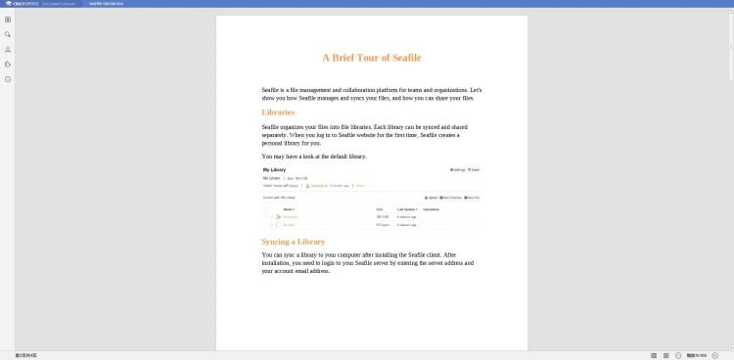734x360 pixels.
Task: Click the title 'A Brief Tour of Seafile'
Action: click(371, 58)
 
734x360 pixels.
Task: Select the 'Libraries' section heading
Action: click(278, 112)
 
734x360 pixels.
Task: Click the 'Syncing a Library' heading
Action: click(294, 242)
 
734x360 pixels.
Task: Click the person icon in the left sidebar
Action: click(8, 49)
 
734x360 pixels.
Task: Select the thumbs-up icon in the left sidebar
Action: click(8, 64)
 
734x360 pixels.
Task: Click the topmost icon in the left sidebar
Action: click(8, 20)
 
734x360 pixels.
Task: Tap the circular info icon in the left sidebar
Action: click(8, 78)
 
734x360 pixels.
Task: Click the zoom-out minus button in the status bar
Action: click(679, 354)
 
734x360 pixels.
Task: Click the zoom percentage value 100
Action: click(703, 354)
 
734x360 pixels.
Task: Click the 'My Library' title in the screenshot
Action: click(274, 170)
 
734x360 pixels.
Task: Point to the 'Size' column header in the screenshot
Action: click(380, 208)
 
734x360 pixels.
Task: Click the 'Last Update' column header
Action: click(406, 208)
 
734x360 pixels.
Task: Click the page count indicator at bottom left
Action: click(25, 354)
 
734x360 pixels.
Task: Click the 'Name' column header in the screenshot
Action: click(288, 208)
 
